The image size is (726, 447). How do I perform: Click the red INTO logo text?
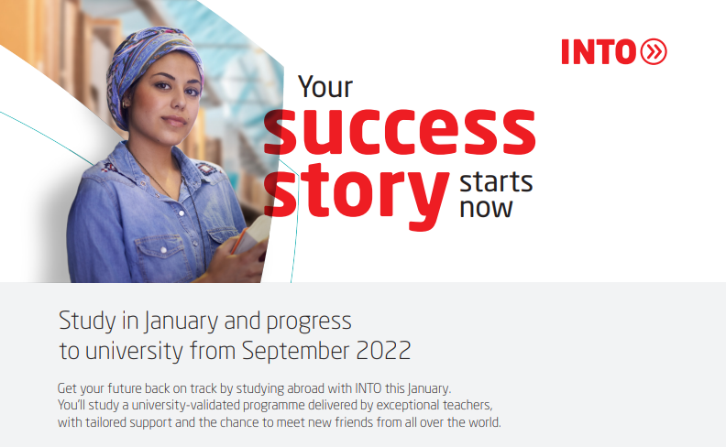point(599,52)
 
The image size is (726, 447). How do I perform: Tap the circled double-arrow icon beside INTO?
point(654,51)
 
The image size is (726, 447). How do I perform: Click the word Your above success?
point(325,86)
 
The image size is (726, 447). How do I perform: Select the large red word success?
point(400,131)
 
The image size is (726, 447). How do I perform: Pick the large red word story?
point(357,194)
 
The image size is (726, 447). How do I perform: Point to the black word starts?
point(496,182)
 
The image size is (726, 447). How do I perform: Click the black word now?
point(486,208)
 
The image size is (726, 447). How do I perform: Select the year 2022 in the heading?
point(383,350)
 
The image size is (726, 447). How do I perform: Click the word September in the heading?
point(295,351)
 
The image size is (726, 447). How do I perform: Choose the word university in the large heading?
point(134,351)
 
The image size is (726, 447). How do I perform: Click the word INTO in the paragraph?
point(368,387)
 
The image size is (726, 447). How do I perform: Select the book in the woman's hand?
point(251,235)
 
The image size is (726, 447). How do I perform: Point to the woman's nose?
point(177,103)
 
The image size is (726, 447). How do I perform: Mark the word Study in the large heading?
point(87,322)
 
